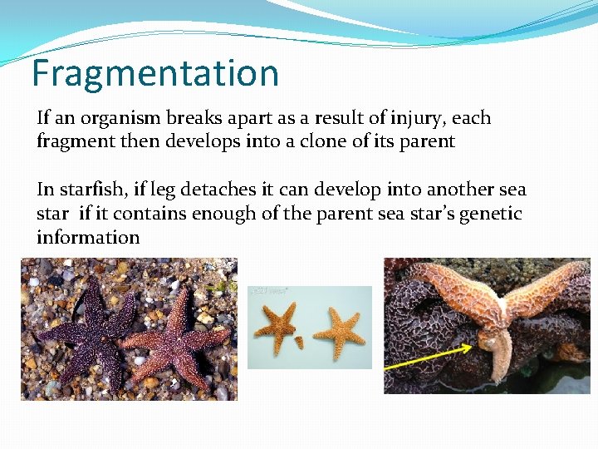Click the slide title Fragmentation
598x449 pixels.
pyautogui.click(x=154, y=73)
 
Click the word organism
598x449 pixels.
pyautogui.click(x=118, y=119)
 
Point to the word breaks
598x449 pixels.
pyautogui.click(x=195, y=118)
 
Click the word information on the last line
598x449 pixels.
pyautogui.click(x=88, y=238)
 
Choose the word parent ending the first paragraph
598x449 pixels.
pyautogui.click(x=426, y=142)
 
